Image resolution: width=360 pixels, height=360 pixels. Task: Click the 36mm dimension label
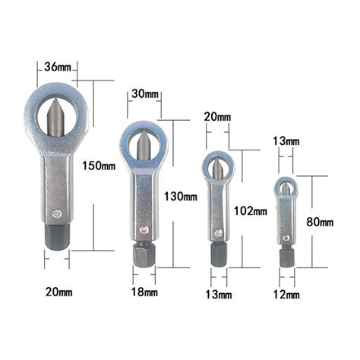coord(58,67)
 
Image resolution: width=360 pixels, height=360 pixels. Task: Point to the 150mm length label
coord(99,166)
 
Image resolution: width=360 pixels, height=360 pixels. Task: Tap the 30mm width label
coord(145,94)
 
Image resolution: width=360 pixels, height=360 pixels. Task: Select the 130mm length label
coord(181,197)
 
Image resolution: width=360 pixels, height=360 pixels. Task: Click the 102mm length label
coord(251,211)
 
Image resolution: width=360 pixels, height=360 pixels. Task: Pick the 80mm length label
coord(320,222)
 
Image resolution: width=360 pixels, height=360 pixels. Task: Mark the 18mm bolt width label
coord(144,292)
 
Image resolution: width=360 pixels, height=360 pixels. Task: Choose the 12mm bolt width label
coord(286,295)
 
